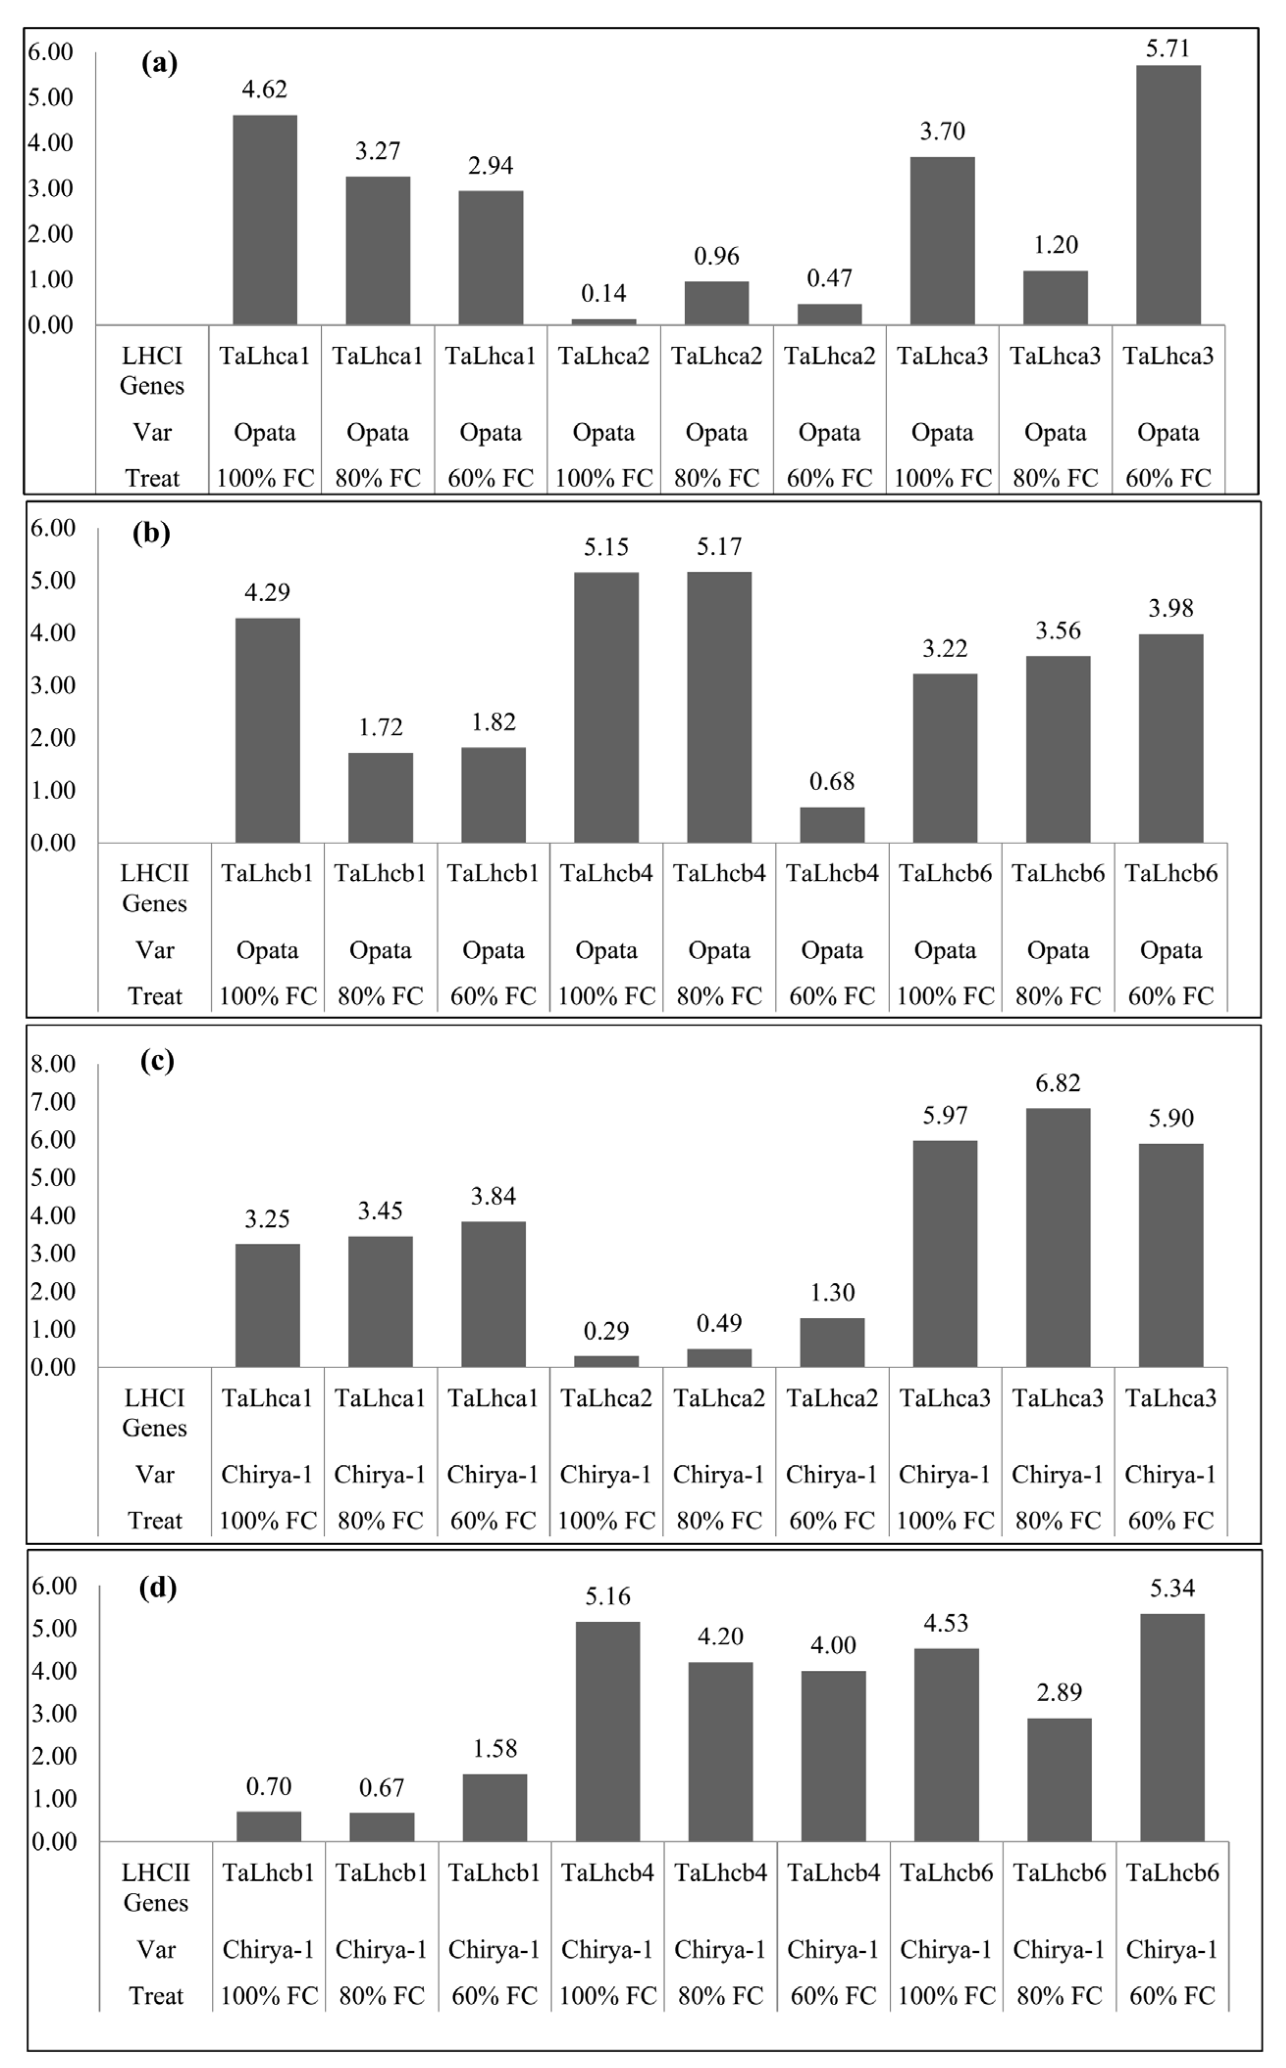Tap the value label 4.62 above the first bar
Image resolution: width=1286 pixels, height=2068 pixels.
click(264, 89)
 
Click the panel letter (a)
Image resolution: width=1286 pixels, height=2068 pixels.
click(159, 63)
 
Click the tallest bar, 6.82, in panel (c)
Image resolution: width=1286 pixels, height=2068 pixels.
click(1057, 1237)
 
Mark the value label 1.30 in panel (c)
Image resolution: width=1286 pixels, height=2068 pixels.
click(832, 1293)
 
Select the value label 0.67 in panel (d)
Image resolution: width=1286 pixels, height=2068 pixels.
click(381, 1787)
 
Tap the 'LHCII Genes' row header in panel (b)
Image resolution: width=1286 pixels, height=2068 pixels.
click(154, 888)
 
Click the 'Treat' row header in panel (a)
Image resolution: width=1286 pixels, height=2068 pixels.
click(152, 478)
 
